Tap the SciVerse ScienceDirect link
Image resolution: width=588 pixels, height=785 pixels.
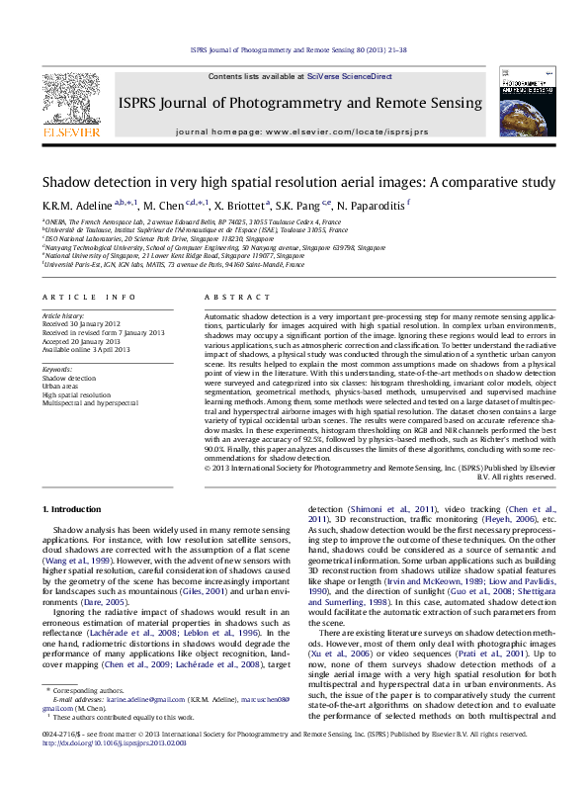349,76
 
